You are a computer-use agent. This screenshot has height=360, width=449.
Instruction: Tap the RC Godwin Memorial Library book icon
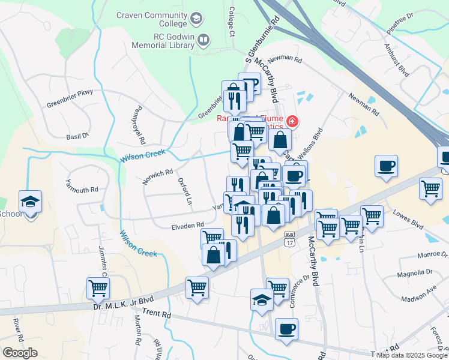(x=203, y=40)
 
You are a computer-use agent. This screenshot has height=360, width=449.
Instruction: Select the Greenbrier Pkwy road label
(x=70, y=98)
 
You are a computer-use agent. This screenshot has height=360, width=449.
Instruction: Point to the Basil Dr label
(x=77, y=137)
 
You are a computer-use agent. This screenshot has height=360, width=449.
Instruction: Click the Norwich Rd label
(x=158, y=174)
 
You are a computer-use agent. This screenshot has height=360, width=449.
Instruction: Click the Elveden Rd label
(x=187, y=226)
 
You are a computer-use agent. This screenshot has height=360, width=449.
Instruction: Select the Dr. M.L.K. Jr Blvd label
(x=123, y=301)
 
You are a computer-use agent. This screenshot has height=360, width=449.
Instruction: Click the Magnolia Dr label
(x=414, y=275)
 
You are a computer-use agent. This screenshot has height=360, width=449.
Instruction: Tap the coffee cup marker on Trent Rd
(x=286, y=328)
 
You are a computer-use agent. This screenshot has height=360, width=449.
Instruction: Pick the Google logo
(x=20, y=353)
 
